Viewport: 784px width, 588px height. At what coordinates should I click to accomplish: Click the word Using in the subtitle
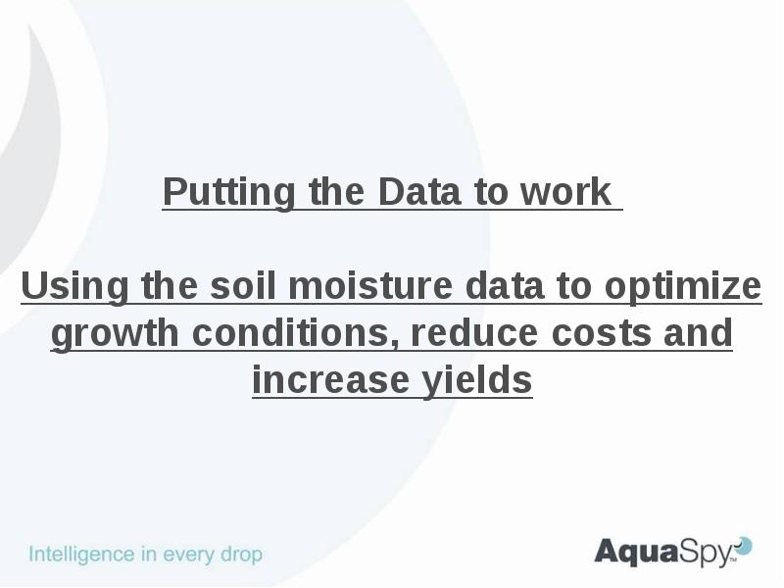click(74, 287)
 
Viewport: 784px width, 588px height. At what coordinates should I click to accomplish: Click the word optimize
click(682, 287)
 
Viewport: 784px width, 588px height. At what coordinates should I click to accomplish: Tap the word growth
click(116, 334)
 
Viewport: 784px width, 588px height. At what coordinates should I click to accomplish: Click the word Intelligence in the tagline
click(81, 555)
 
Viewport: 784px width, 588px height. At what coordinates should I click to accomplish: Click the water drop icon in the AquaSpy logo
click(744, 546)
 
